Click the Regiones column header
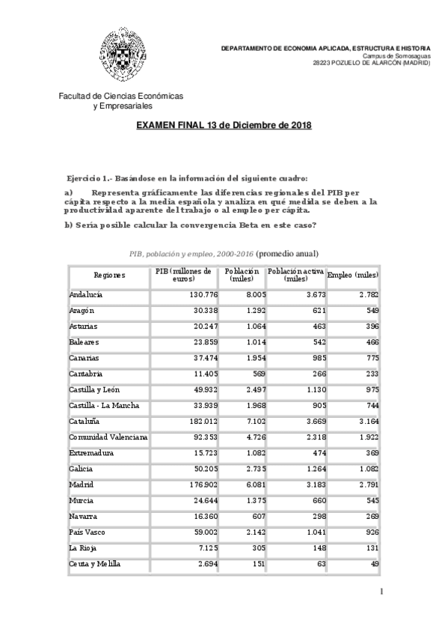(109, 275)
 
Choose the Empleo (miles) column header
(353, 275)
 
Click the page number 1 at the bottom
(381, 592)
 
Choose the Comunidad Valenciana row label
(108, 437)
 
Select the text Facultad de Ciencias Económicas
(120, 96)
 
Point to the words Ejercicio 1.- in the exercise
(89, 178)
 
